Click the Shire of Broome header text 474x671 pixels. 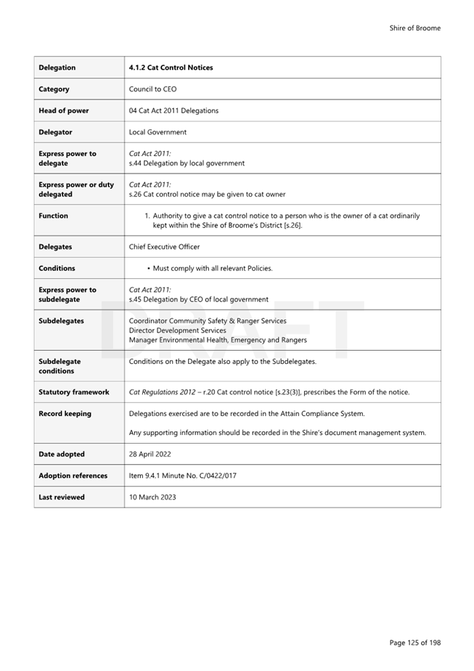click(x=414, y=28)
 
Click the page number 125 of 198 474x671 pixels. click(x=414, y=643)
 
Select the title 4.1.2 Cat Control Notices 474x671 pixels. click(x=171, y=68)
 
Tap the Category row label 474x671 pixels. click(x=54, y=89)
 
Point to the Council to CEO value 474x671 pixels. click(x=152, y=89)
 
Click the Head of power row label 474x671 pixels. click(x=64, y=111)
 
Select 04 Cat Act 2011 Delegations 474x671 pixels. click(x=173, y=111)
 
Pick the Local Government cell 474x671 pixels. click(x=158, y=132)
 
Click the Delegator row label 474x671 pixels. click(x=56, y=132)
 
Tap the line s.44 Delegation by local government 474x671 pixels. click(x=187, y=163)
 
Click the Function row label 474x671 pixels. click(x=54, y=216)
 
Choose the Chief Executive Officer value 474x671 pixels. click(x=164, y=247)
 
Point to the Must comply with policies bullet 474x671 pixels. click(x=212, y=269)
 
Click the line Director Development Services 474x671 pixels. click(x=177, y=330)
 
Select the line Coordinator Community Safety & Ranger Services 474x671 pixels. click(x=208, y=321)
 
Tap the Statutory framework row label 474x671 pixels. click(x=74, y=392)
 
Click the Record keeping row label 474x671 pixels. click(x=65, y=414)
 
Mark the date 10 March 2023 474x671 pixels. click(x=152, y=497)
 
